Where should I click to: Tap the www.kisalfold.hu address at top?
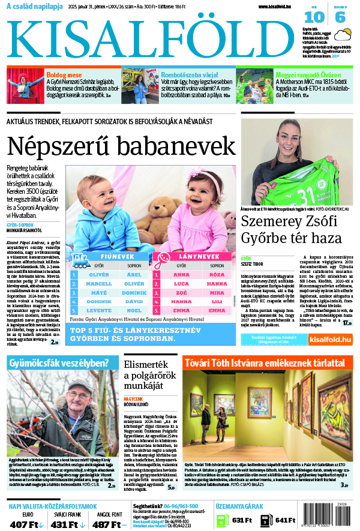click(278, 7)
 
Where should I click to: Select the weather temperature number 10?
click(317, 17)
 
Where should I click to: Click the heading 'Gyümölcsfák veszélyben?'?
click(63, 362)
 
